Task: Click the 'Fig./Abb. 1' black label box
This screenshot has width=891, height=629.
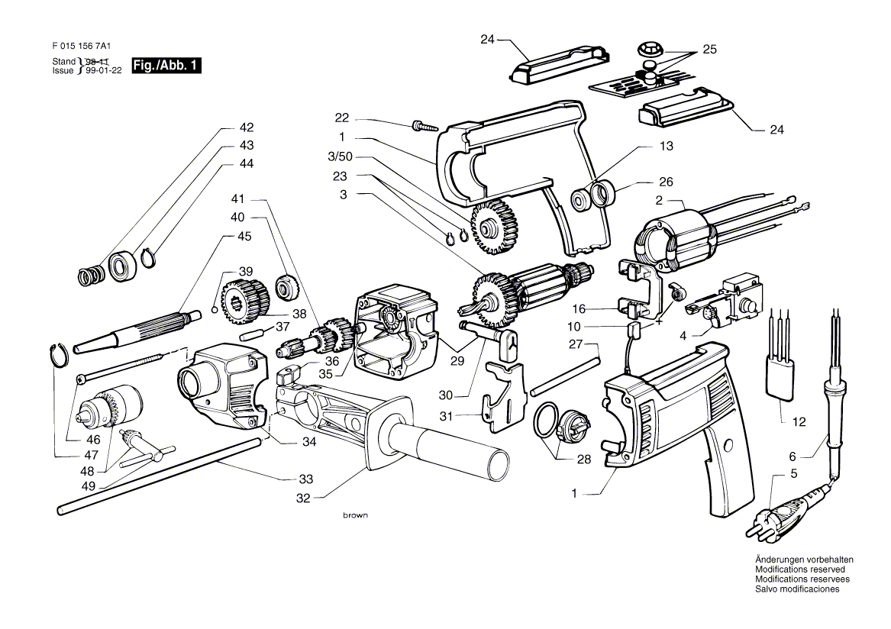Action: (166, 66)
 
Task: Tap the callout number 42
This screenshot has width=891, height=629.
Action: (246, 127)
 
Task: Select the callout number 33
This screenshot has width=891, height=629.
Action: (305, 479)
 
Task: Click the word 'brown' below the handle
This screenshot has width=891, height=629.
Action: (355, 515)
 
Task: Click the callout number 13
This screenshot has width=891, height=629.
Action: (666, 146)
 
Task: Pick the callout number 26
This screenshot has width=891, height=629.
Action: (666, 182)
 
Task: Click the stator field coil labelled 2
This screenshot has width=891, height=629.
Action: (676, 241)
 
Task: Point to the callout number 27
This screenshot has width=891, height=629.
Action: (576, 344)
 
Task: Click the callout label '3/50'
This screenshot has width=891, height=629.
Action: (341, 156)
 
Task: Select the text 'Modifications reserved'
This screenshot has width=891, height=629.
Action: (800, 569)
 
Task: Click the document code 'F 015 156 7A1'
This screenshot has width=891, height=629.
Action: (81, 47)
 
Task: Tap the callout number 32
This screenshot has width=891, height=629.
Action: (303, 498)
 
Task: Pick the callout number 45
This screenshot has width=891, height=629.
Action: (244, 236)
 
